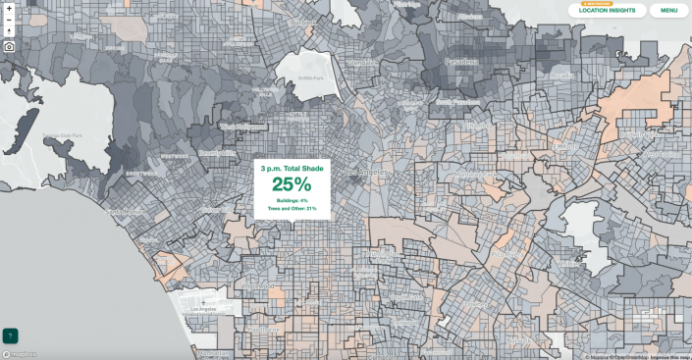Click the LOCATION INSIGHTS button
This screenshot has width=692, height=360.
[608, 11]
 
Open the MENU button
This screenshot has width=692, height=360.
[668, 11]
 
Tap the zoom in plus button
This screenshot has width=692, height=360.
[9, 8]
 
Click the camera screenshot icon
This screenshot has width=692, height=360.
[9, 45]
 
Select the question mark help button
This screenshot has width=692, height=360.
[10, 335]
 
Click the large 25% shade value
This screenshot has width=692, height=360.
[292, 184]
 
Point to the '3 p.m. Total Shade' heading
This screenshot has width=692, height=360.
[292, 169]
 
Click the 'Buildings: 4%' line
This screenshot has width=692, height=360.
[292, 200]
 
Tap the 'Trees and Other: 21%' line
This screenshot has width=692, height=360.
[292, 208]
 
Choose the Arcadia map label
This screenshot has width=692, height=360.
[561, 75]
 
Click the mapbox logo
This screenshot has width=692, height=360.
[20, 354]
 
